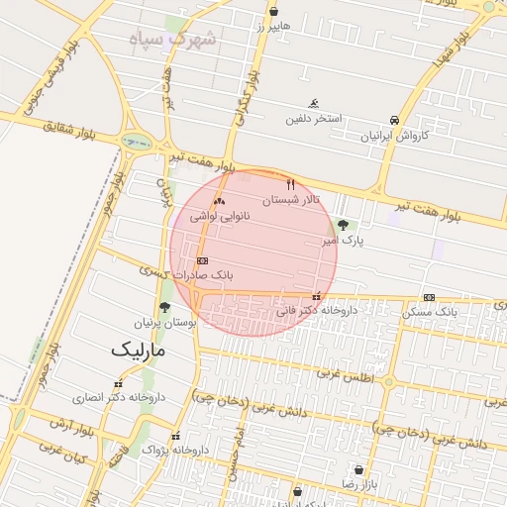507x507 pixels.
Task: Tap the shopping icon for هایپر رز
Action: pyautogui.click(x=273, y=12)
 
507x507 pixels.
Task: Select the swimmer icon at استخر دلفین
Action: pyautogui.click(x=314, y=104)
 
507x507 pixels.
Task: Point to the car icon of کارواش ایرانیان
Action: pyautogui.click(x=395, y=120)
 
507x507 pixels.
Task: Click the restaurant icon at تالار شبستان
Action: pyautogui.click(x=291, y=185)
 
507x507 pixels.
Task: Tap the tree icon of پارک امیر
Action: pyautogui.click(x=343, y=226)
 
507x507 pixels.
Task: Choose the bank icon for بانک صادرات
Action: pyautogui.click(x=203, y=260)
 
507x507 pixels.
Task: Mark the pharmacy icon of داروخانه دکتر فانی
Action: pyautogui.click(x=317, y=296)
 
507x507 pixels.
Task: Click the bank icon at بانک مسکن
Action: pyautogui.click(x=429, y=297)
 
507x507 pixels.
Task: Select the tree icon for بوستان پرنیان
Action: pyautogui.click(x=164, y=307)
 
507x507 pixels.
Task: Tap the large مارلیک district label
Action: pyautogui.click(x=138, y=350)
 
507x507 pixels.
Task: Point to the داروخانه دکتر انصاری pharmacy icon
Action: pyautogui.click(x=118, y=383)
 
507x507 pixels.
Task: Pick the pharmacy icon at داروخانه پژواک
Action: pyautogui.click(x=176, y=436)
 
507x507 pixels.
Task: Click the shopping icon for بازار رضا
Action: pyautogui.click(x=357, y=468)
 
